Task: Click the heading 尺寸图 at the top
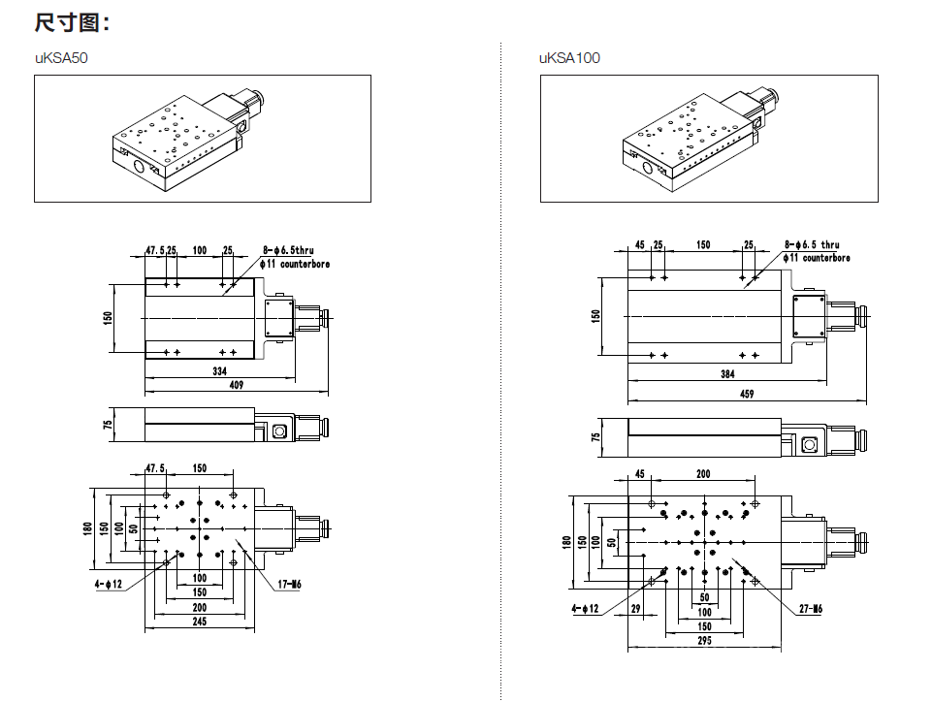pyautogui.click(x=72, y=22)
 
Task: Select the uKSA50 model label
pyautogui.click(x=62, y=58)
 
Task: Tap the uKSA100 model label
pyautogui.click(x=570, y=58)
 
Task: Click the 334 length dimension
pyautogui.click(x=220, y=371)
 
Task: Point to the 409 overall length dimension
pyautogui.click(x=236, y=385)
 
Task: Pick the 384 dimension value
pyautogui.click(x=727, y=374)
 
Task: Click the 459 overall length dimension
pyautogui.click(x=747, y=394)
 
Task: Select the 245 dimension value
pyautogui.click(x=199, y=622)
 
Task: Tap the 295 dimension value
pyautogui.click(x=704, y=641)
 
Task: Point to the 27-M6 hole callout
pyautogui.click(x=810, y=609)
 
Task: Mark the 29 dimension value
pyautogui.click(x=636, y=608)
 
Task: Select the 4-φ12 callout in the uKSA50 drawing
pyautogui.click(x=109, y=584)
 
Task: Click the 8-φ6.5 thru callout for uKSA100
pyautogui.click(x=812, y=245)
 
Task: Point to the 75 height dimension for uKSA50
pyautogui.click(x=110, y=424)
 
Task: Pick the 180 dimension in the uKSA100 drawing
pyautogui.click(x=566, y=542)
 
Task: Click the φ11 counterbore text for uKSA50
pyautogui.click(x=297, y=263)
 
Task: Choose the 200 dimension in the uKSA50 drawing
pyautogui.click(x=199, y=607)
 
